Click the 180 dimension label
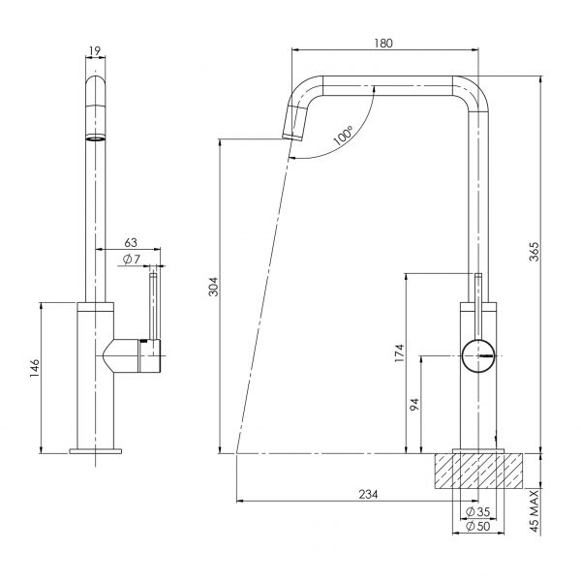[382, 44]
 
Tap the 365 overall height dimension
[534, 252]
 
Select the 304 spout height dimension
[213, 287]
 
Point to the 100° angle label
[344, 136]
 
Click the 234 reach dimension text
[368, 494]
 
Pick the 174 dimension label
[399, 352]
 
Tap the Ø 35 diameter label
[478, 511]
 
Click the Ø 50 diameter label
[478, 526]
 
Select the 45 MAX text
[534, 510]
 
